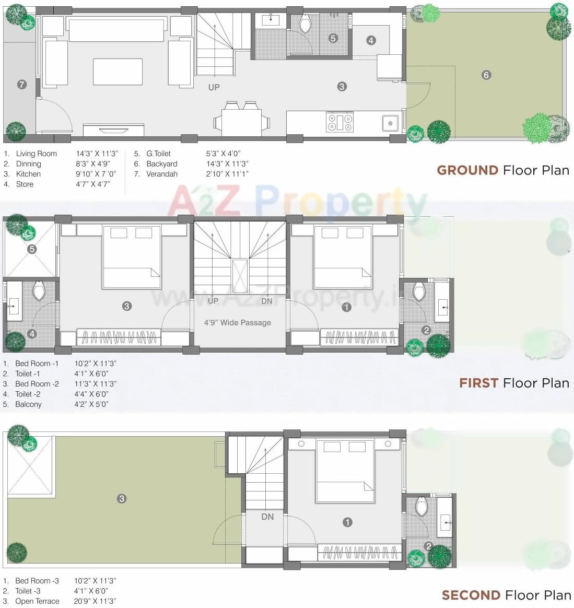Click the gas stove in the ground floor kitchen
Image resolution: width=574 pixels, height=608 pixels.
point(340,122)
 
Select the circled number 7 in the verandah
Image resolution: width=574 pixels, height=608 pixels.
point(21,84)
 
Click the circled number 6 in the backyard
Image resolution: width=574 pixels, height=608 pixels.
point(486,75)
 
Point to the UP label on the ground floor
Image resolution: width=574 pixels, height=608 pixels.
point(214,87)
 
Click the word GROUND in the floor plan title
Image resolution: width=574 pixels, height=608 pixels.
point(467,170)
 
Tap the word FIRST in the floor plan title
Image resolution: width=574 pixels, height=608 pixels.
point(478,383)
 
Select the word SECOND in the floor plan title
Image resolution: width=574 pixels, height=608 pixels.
point(471,595)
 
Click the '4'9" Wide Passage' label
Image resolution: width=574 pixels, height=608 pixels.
point(238,323)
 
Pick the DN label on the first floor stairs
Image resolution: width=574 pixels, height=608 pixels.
point(267,301)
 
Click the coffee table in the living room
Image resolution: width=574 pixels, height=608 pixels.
point(118,72)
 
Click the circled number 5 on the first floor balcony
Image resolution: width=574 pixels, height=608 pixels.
point(32,249)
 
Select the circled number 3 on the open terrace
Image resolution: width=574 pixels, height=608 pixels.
point(122,499)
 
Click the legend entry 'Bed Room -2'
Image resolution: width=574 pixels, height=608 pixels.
point(37,384)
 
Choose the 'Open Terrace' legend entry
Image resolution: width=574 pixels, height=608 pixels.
point(37,601)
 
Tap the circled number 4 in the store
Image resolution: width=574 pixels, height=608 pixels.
point(371,40)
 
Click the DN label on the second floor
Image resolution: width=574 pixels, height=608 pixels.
point(267,517)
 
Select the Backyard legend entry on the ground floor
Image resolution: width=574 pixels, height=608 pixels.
point(162,164)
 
